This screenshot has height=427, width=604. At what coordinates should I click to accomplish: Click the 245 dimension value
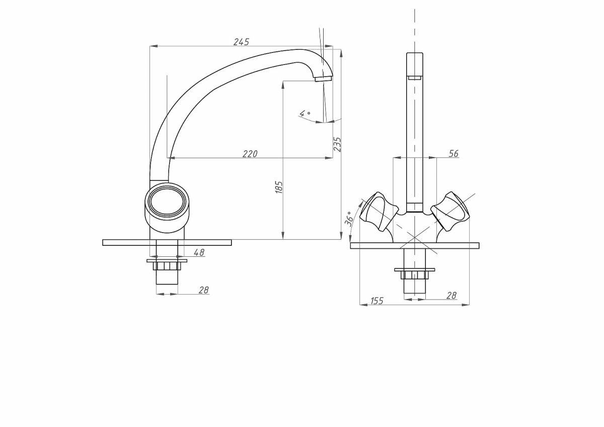point(241,42)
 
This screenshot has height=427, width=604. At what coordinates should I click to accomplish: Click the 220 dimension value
point(250,154)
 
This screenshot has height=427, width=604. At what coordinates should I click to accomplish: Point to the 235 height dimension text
point(338,145)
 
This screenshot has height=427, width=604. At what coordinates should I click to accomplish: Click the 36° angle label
point(349,219)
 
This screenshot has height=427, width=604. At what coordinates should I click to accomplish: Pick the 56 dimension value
point(453,154)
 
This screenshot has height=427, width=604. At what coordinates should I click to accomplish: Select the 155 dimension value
point(376,301)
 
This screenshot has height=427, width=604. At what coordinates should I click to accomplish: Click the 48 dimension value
point(199,253)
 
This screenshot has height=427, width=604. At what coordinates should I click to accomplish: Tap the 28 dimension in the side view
point(203,290)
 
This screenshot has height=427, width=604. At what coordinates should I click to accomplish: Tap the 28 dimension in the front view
point(451,296)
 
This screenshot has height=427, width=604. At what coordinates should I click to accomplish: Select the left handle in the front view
point(377,211)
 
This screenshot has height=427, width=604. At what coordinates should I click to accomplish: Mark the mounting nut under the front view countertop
point(415,273)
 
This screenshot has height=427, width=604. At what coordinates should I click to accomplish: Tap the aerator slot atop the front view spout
point(415,78)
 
